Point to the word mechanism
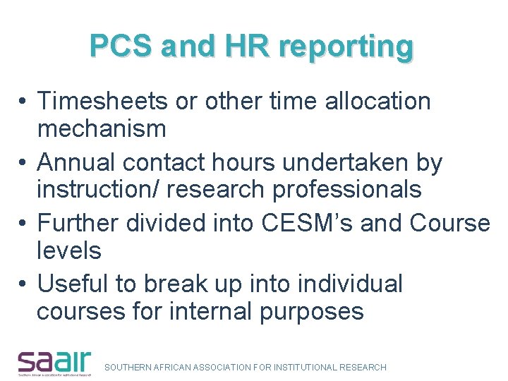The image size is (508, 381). tap(101, 129)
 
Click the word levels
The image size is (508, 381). tap(68, 250)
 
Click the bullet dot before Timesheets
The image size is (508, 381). tap(23, 102)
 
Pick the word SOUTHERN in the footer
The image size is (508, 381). tap(127, 367)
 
